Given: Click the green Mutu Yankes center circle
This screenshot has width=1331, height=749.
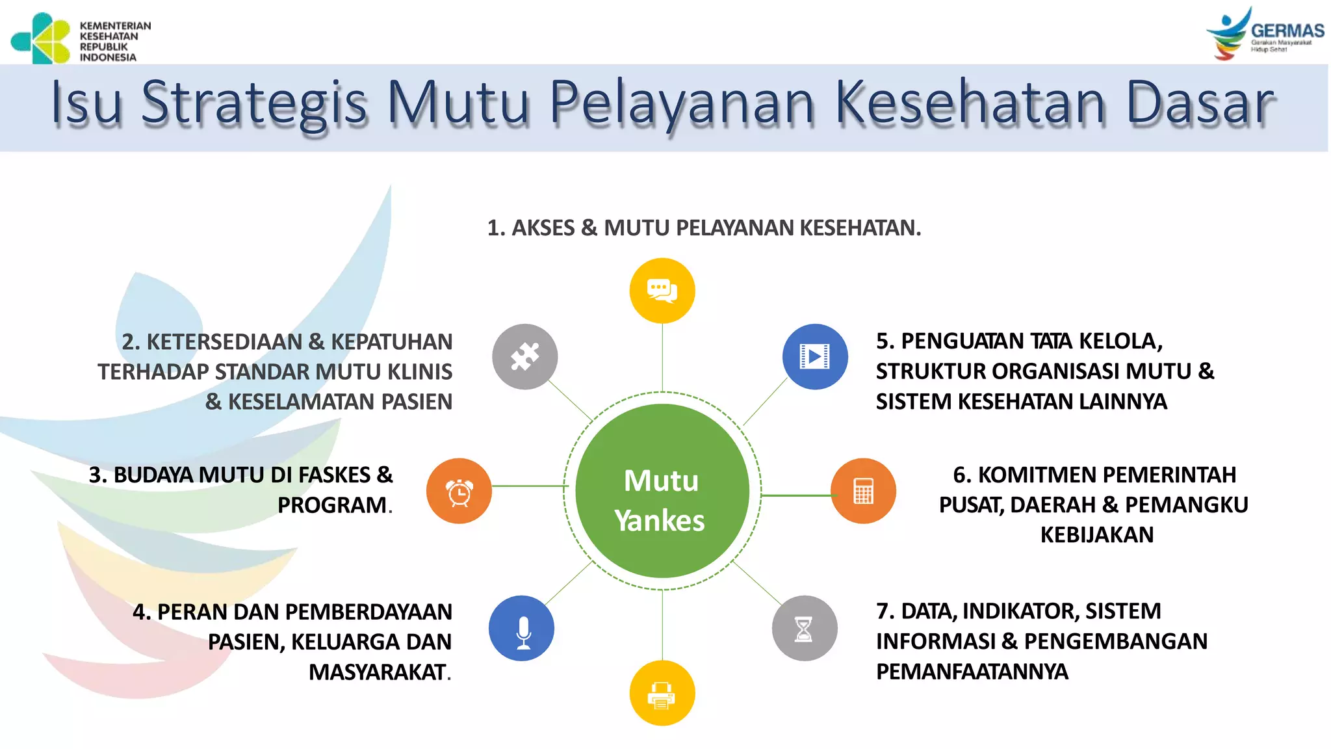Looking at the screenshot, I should (x=662, y=491).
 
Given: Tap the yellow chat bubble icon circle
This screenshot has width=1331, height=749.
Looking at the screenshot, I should (x=662, y=291).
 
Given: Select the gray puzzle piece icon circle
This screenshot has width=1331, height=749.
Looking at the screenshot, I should (x=524, y=356).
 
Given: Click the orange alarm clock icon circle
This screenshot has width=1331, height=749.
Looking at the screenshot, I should (x=459, y=491).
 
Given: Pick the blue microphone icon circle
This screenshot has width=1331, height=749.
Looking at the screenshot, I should (x=521, y=628).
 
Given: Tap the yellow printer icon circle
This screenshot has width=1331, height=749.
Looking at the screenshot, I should (x=662, y=693).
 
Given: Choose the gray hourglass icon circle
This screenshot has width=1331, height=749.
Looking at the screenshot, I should (x=804, y=628).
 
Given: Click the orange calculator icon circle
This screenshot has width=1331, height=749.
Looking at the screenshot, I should (x=863, y=491).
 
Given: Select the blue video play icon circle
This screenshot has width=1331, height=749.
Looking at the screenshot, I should (x=814, y=356).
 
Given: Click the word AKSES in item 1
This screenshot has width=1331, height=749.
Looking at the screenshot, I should (x=543, y=228).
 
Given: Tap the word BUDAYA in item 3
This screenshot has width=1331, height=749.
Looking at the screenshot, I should (x=153, y=475).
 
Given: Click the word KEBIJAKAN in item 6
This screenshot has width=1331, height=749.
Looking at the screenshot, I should (x=1096, y=535).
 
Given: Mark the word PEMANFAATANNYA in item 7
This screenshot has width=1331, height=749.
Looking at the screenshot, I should (x=972, y=672).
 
